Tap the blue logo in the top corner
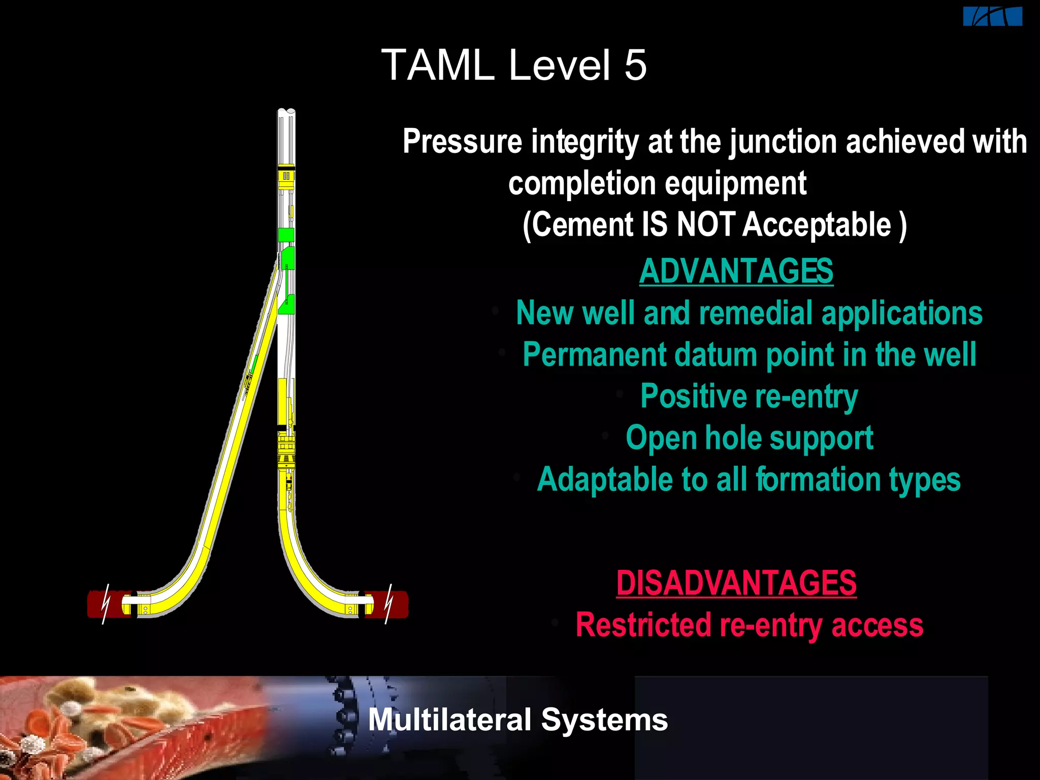[x=992, y=17]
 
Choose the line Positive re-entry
[x=749, y=396]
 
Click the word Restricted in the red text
[x=643, y=625]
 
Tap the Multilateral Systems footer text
[x=517, y=720]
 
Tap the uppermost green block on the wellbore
[x=286, y=235]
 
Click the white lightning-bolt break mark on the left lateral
[x=106, y=604]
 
